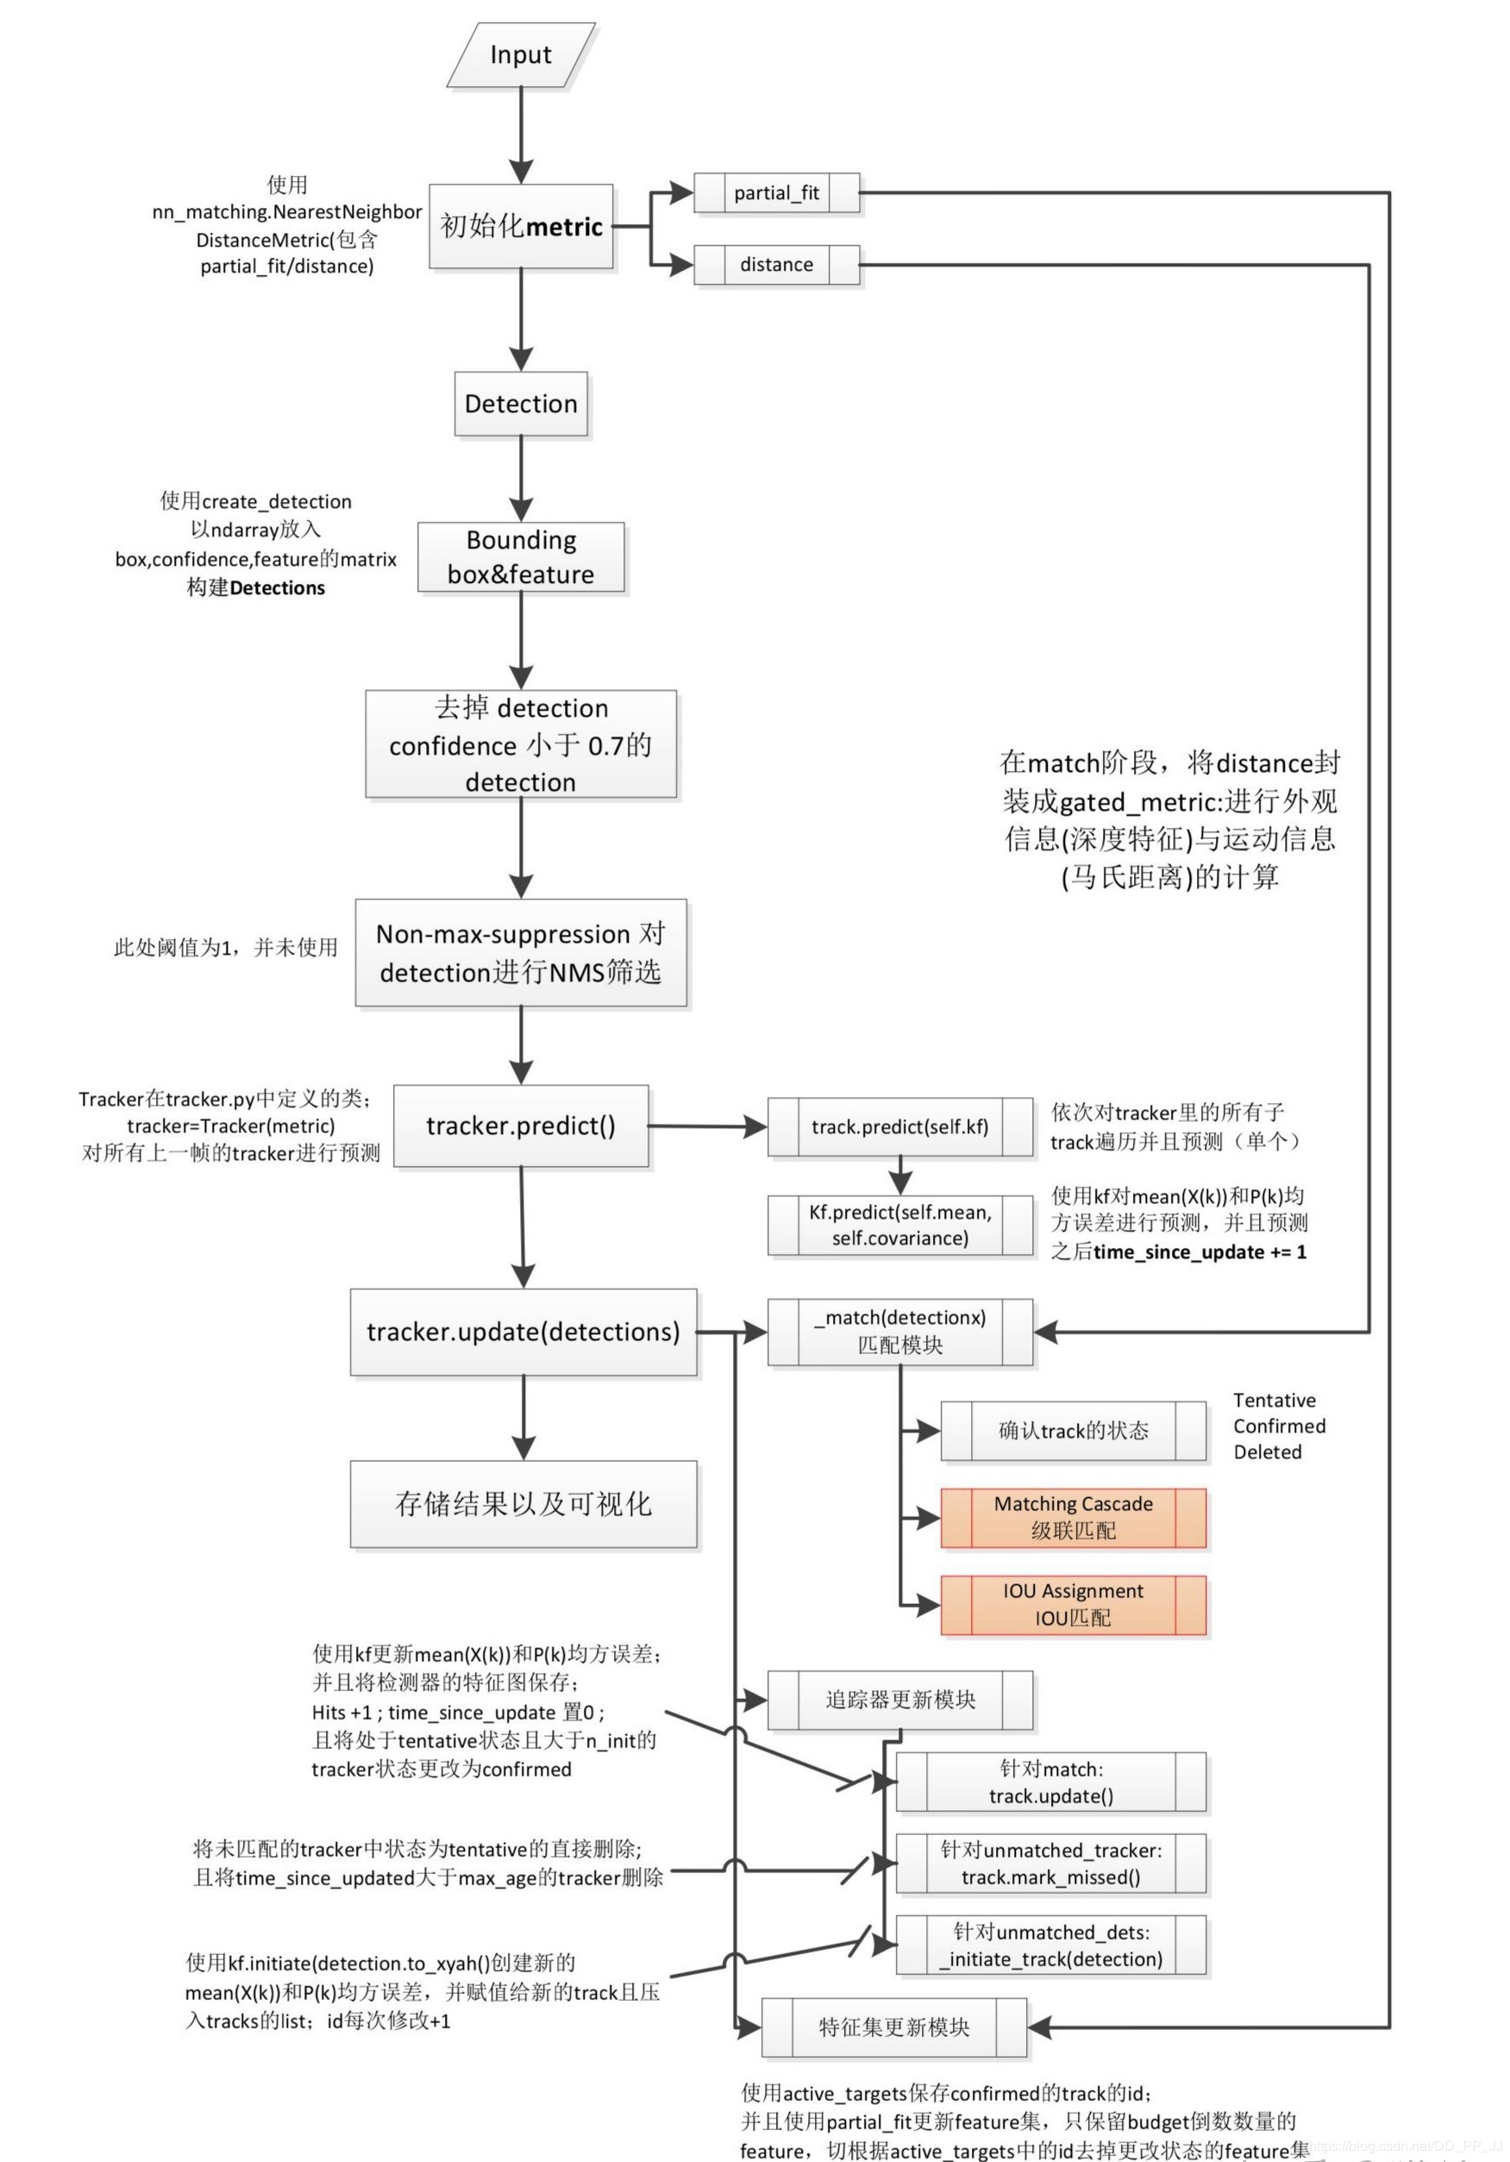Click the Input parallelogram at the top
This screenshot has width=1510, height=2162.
tap(521, 54)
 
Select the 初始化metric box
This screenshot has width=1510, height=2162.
tap(521, 226)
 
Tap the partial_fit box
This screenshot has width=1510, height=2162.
tap(776, 193)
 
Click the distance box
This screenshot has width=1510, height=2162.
tap(776, 265)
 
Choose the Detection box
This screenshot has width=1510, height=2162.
tap(521, 404)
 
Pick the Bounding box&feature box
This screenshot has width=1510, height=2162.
tap(521, 556)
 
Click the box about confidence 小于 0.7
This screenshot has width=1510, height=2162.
tap(521, 744)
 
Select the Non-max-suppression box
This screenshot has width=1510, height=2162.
tap(521, 952)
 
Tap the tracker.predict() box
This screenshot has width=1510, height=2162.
tap(521, 1125)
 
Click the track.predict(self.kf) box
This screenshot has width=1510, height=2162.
tap(899, 1126)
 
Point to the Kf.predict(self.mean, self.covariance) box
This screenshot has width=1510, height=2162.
tap(899, 1225)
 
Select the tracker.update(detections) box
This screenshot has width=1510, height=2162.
tap(523, 1332)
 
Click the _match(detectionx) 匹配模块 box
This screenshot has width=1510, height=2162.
tap(899, 1332)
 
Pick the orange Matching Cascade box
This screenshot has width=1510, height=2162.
tap(1072, 1517)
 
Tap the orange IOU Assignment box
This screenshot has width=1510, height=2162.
tap(1072, 1605)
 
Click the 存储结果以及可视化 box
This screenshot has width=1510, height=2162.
tap(523, 1504)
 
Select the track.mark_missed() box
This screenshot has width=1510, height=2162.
tap(1049, 1864)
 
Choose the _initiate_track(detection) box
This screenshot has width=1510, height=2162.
tap(1049, 1946)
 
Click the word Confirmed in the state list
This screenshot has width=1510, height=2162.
tap(1278, 1426)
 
